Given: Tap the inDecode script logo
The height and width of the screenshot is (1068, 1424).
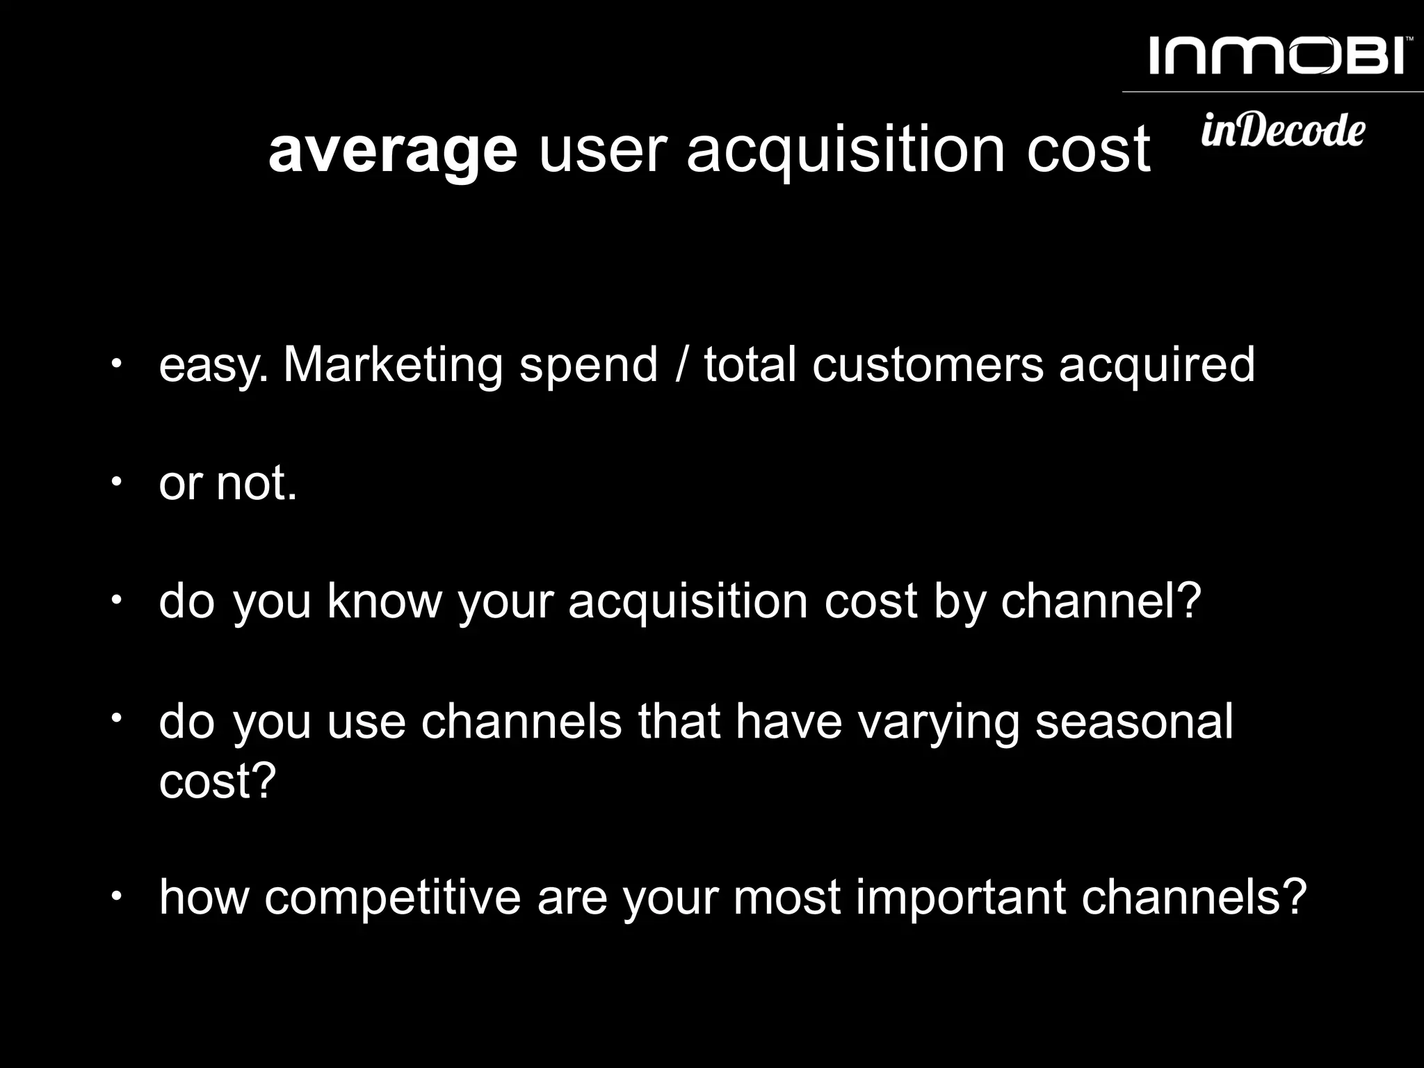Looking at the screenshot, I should [1283, 130].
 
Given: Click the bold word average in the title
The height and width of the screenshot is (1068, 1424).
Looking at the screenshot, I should [393, 150].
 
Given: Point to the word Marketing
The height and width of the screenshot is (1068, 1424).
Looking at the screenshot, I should [393, 364].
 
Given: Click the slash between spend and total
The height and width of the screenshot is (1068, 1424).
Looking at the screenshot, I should [681, 364].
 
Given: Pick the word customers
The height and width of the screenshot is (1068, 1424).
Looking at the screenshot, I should [928, 364].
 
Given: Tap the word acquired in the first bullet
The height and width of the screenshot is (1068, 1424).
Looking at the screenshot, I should [1157, 366].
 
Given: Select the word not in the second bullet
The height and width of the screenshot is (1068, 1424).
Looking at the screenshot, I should [257, 483].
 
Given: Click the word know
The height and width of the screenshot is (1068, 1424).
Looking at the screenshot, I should [385, 601].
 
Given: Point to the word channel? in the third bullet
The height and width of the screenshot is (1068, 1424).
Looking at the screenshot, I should [1101, 601].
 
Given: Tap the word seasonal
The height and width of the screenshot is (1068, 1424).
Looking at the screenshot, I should [1134, 722].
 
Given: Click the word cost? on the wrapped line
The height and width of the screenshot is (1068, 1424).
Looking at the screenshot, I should [218, 782].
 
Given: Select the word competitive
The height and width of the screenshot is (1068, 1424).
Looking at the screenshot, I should [392, 898].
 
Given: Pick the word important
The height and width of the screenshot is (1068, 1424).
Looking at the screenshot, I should [961, 898].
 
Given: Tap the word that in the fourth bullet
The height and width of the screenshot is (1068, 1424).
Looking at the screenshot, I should [679, 722].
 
